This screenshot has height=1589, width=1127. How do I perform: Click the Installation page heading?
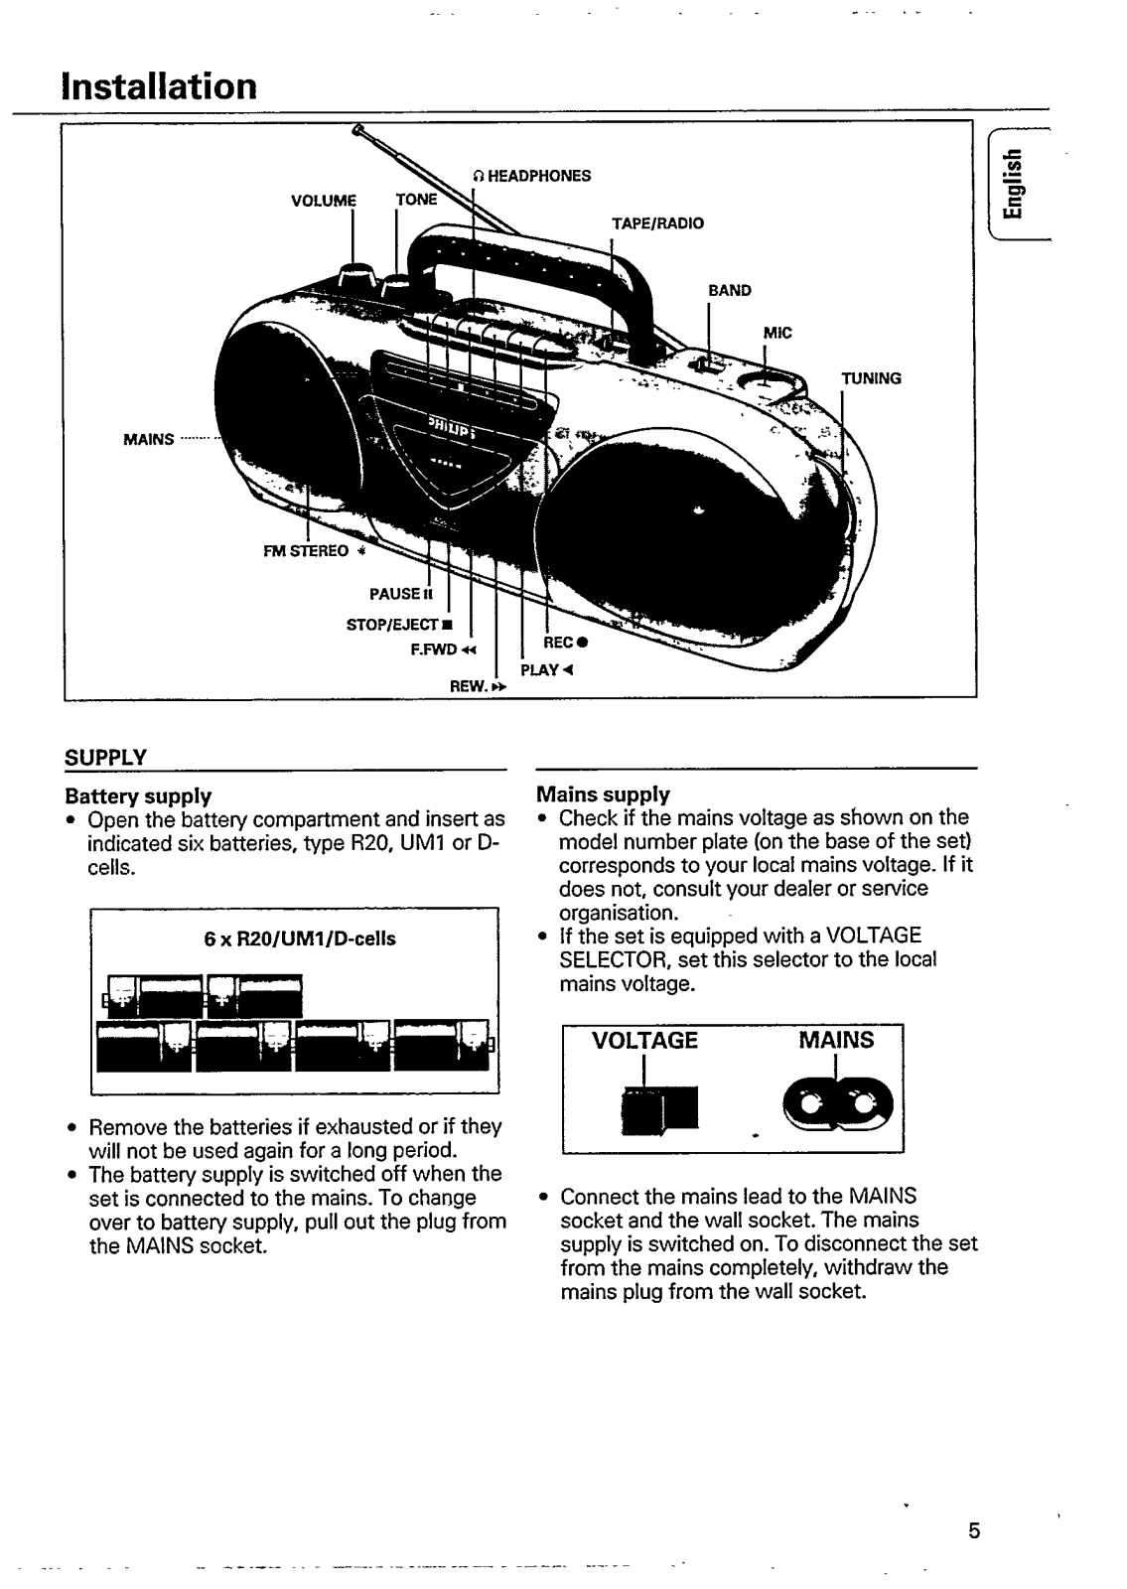point(159,86)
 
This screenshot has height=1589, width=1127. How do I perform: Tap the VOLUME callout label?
point(324,201)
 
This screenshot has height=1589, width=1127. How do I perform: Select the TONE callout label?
point(416,200)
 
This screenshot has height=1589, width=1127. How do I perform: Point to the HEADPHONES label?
point(532,176)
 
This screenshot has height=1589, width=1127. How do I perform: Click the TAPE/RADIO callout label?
point(657,223)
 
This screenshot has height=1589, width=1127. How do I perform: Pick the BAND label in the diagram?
point(729,290)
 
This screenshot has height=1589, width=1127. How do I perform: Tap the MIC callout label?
point(777,333)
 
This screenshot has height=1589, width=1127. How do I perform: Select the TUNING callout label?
point(871,378)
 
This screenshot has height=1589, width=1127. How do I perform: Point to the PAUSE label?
point(401,593)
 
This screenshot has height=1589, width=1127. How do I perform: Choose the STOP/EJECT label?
point(398,625)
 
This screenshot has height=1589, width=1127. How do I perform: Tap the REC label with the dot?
point(565,643)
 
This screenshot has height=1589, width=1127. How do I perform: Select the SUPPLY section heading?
point(105,758)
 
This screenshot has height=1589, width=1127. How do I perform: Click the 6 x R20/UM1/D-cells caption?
point(299,939)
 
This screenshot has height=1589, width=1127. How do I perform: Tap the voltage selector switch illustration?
point(659,1111)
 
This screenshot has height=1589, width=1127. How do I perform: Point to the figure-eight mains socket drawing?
point(838,1105)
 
